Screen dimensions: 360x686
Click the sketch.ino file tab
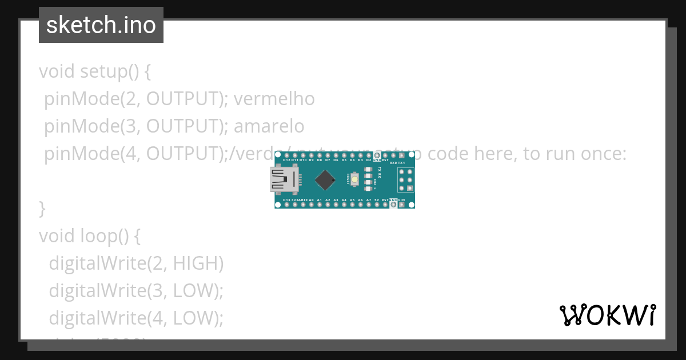101,25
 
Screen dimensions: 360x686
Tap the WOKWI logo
607,315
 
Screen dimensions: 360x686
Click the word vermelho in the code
274,99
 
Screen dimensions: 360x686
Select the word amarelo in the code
269,126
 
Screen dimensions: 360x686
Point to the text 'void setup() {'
94,72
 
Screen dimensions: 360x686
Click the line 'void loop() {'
89,235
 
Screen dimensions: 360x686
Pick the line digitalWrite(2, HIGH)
136,263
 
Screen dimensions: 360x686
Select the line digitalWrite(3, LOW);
136,290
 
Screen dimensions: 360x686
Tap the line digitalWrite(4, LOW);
136,317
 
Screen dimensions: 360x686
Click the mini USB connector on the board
284,180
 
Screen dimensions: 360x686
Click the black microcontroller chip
325,181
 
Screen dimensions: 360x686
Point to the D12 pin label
286,160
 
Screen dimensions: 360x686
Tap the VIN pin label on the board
402,200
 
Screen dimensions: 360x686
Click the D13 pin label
286,200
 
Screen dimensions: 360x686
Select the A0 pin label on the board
311,200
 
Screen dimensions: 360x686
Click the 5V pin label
377,200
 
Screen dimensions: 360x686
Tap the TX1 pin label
401,162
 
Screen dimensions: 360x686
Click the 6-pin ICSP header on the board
406,180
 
